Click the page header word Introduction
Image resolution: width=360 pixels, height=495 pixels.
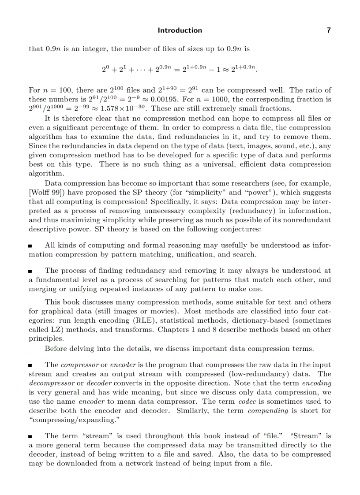click(180, 30)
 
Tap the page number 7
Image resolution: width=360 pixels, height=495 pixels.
click(328, 30)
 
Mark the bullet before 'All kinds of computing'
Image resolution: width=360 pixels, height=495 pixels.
click(30, 246)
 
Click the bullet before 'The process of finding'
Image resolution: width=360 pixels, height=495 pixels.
click(30, 271)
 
